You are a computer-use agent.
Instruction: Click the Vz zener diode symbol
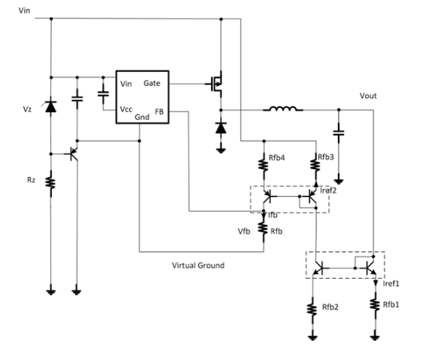(x=51, y=107)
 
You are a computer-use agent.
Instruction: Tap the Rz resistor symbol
(x=51, y=183)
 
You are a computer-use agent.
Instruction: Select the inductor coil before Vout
(x=283, y=108)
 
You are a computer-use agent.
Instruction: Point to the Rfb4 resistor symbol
(x=264, y=165)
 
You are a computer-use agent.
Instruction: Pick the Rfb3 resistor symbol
(x=316, y=165)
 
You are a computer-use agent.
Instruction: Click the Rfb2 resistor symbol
(x=312, y=309)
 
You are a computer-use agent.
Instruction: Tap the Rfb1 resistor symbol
(x=375, y=304)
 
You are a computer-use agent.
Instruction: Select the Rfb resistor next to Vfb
(x=264, y=229)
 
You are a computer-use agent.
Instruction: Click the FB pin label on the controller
(x=159, y=111)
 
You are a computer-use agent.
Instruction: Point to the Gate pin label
(x=152, y=83)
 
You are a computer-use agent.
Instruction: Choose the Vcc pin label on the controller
(x=126, y=109)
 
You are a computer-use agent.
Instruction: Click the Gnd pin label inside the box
(x=142, y=117)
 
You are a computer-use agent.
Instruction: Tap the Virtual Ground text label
(x=198, y=265)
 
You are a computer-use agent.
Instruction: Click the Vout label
(x=368, y=96)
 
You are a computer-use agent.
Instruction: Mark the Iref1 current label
(x=391, y=284)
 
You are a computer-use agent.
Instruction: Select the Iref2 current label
(x=328, y=190)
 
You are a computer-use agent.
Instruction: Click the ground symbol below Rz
(x=51, y=292)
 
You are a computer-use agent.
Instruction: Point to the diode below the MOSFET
(x=221, y=127)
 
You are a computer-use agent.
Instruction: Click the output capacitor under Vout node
(x=339, y=133)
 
